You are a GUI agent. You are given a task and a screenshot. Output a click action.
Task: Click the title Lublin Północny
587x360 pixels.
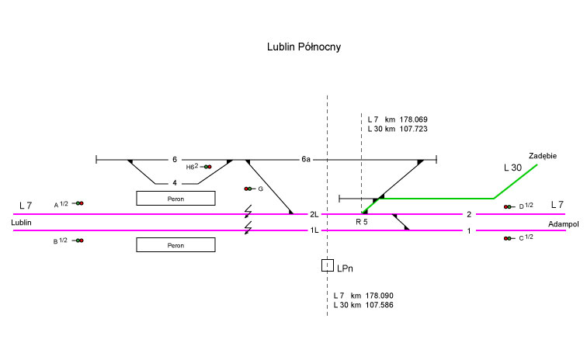coord(304,47)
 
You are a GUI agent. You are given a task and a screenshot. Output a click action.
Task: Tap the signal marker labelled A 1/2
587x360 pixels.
coord(79,203)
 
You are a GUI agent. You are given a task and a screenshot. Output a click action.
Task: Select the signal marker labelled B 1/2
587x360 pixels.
coord(79,241)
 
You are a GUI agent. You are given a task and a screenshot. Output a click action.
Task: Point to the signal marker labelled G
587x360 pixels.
coord(248,189)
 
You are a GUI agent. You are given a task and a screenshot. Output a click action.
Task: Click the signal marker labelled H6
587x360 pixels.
coord(207,167)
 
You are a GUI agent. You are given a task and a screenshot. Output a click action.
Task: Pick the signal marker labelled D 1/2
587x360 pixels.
coord(508,206)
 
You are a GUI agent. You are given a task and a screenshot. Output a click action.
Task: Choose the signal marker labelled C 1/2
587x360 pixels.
coord(508,238)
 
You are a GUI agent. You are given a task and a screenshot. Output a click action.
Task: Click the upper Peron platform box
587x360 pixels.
coord(175,198)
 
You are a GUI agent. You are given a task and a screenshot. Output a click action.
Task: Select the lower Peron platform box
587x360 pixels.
coord(175,245)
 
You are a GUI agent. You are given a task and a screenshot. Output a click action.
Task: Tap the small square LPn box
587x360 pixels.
coord(328,265)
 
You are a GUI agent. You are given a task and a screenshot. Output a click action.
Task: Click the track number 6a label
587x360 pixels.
coord(306,160)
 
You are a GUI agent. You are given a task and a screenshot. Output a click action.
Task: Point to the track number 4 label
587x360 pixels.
coord(175,184)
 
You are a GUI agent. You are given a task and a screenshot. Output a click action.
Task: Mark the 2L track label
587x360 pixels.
coord(314,214)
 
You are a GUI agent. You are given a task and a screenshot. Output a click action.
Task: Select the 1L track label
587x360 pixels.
coord(314,230)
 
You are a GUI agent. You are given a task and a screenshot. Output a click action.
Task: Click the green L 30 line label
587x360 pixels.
coord(512,168)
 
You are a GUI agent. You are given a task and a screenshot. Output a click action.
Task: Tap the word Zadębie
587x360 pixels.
coord(543,155)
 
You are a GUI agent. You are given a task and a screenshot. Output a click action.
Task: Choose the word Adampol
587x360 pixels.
coord(564,223)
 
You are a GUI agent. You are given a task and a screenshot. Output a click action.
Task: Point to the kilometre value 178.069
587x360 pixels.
coord(414,119)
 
